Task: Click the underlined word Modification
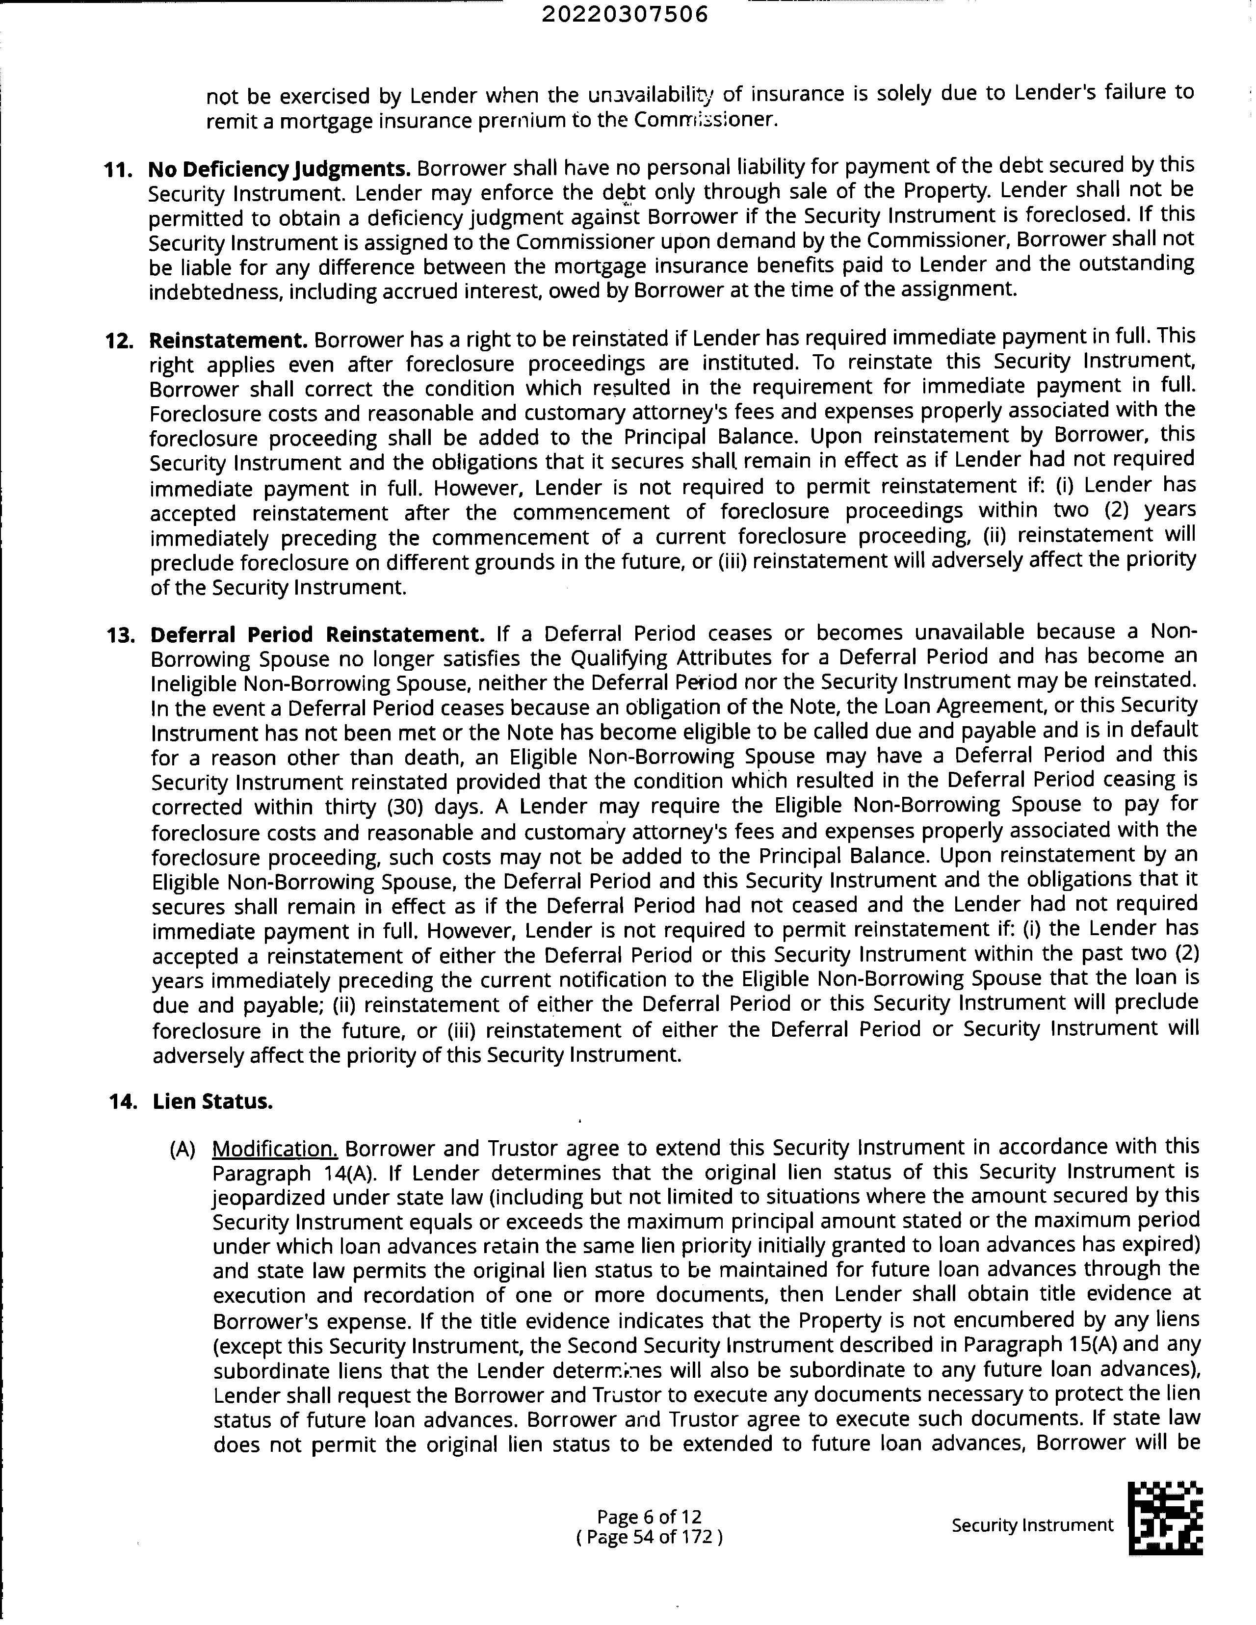(275, 1149)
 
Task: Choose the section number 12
(119, 341)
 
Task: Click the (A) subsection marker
(183, 1150)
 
